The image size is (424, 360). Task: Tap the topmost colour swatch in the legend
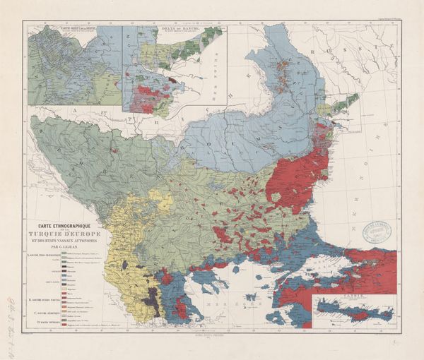click(65, 252)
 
